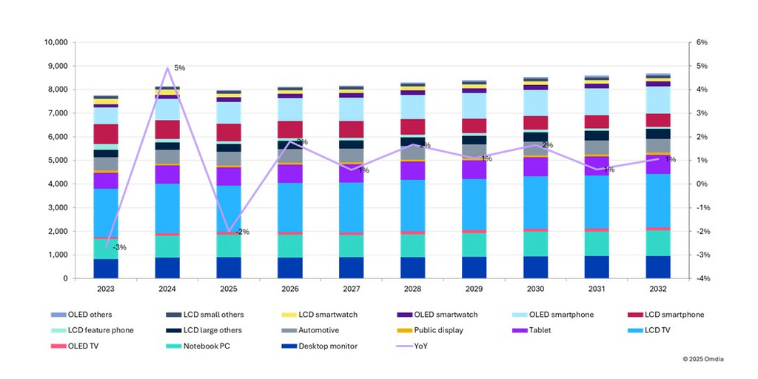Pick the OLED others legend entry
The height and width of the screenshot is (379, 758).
(86, 315)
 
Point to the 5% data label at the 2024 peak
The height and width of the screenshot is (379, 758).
(179, 68)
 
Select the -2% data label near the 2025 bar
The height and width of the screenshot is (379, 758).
(242, 232)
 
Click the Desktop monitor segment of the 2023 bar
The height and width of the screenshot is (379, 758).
(107, 269)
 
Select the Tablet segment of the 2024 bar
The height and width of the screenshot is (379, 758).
(167, 174)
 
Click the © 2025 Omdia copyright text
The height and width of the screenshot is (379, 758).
(704, 358)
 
